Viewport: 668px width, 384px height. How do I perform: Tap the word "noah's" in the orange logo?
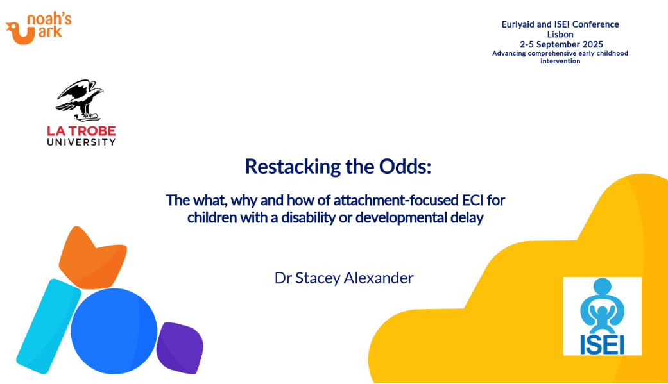pyautogui.click(x=49, y=20)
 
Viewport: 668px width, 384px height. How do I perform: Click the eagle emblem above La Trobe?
pyautogui.click(x=80, y=101)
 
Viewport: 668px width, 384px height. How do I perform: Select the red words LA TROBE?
pyautogui.click(x=81, y=131)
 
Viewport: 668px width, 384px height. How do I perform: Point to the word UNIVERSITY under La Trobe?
pyautogui.click(x=81, y=142)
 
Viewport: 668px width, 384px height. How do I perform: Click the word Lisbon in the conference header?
pyautogui.click(x=560, y=35)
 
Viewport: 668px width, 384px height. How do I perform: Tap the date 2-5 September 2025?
pyautogui.click(x=561, y=44)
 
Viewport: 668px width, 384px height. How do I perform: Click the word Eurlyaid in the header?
pyautogui.click(x=518, y=25)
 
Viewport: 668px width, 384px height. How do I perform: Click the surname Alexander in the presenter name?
pyautogui.click(x=379, y=278)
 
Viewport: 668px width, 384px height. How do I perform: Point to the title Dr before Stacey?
pyautogui.click(x=283, y=278)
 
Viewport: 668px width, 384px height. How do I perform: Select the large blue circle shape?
pyautogui.click(x=114, y=331)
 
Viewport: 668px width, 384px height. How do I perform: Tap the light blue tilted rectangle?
pyautogui.click(x=49, y=326)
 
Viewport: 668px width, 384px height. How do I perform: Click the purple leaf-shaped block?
pyautogui.click(x=180, y=348)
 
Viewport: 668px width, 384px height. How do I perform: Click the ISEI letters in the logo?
pyautogui.click(x=602, y=346)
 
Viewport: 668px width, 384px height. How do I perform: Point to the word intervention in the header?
pyautogui.click(x=560, y=62)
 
